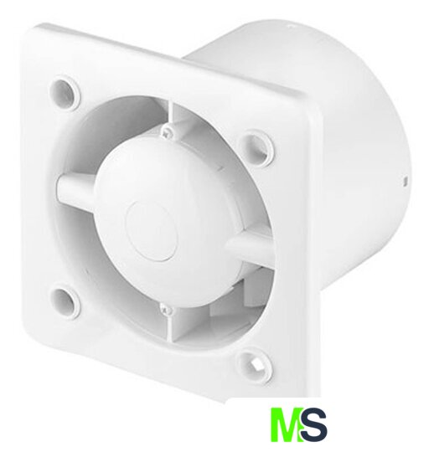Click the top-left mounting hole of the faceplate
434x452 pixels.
point(65,93)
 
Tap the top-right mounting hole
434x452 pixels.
point(257,148)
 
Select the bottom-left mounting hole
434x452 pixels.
point(65,302)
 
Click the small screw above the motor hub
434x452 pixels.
point(167,131)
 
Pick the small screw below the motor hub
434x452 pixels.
point(167,311)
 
